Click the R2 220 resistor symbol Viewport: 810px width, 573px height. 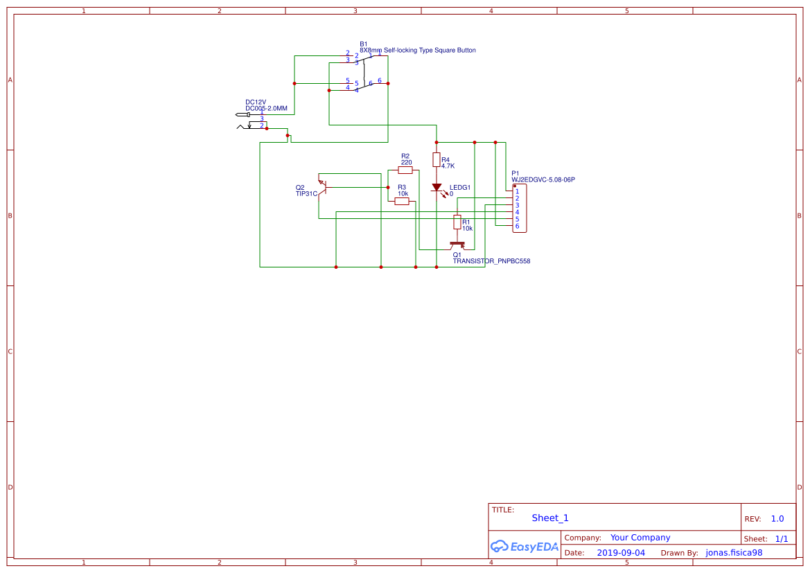(405, 170)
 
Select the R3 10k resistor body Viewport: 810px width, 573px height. (402, 201)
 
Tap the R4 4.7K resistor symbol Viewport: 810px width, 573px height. (436, 160)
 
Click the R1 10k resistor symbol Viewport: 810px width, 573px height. (457, 222)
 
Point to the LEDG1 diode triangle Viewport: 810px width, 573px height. (437, 187)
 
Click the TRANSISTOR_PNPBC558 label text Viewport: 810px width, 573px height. (491, 261)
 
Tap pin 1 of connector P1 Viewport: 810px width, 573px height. (517, 191)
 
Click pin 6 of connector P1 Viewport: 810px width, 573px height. (517, 226)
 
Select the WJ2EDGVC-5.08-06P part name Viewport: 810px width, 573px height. (543, 180)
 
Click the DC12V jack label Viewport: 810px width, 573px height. (256, 102)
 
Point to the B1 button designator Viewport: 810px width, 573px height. (363, 44)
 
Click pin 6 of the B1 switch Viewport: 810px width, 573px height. (379, 81)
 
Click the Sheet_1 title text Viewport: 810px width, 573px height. (550, 518)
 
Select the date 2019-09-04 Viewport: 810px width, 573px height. (621, 553)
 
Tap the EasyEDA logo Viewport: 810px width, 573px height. (525, 546)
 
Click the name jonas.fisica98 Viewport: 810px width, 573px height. (734, 553)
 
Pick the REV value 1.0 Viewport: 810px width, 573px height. (777, 518)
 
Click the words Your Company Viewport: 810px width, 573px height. (640, 537)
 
